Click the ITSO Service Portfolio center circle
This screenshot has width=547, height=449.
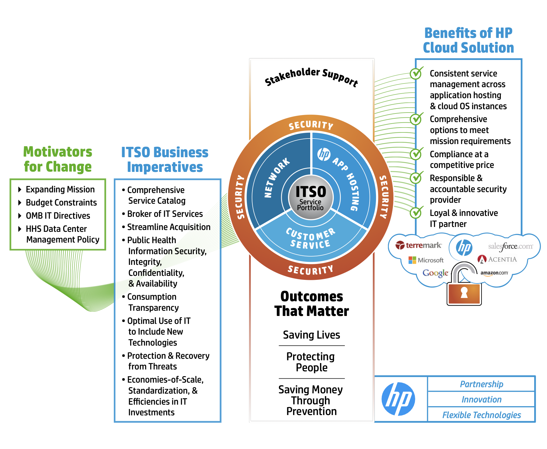pos(311,197)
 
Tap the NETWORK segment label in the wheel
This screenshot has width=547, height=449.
pos(277,178)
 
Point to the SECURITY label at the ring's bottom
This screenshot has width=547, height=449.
pos(311,270)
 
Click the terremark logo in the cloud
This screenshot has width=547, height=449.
pos(419,245)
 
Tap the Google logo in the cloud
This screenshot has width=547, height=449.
pos(435,273)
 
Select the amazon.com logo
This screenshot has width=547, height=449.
pos(494,273)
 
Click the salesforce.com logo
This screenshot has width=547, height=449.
pos(510,247)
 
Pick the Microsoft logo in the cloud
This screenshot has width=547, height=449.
pos(426,260)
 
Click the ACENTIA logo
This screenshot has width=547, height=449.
pos(497,259)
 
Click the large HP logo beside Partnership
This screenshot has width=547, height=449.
pos(398,399)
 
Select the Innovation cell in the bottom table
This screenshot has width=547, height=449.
pos(481,399)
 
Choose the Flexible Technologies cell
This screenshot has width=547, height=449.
pos(481,415)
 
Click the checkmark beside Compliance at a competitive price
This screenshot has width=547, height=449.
pos(416,154)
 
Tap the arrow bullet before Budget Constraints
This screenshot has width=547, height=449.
pos(20,202)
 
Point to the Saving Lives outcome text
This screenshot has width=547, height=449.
pos(311,335)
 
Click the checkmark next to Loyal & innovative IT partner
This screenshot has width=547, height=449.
pos(416,213)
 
